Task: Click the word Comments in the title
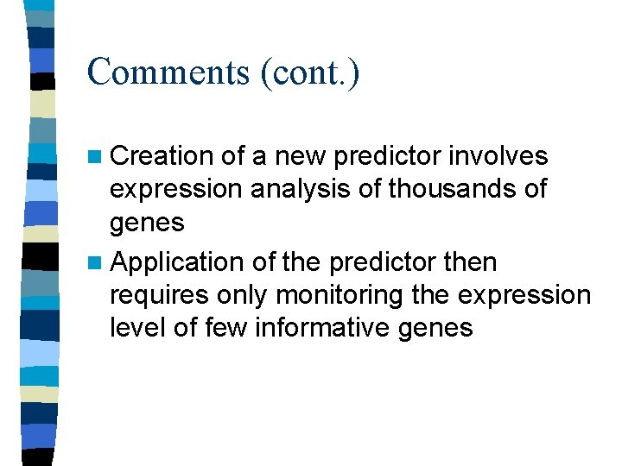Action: pyautogui.click(x=168, y=72)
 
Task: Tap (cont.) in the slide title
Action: pyautogui.click(x=309, y=72)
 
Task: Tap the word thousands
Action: pyautogui.click(x=448, y=189)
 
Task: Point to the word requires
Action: pyautogui.click(x=159, y=295)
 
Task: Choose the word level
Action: pyautogui.click(x=136, y=328)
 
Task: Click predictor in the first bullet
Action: pyautogui.click(x=385, y=156)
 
